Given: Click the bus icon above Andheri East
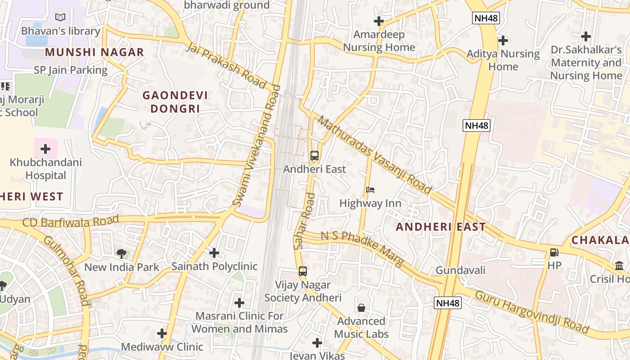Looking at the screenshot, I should [x=315, y=156].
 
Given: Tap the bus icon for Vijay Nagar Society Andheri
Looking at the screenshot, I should [x=303, y=271].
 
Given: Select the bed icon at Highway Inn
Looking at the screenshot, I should [x=370, y=190].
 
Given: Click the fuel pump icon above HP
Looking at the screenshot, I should [x=554, y=252].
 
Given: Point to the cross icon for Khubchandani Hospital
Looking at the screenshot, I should [x=45, y=148].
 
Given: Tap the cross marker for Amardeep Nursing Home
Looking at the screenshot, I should [x=379, y=21].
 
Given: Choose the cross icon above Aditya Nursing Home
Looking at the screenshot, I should [x=503, y=40].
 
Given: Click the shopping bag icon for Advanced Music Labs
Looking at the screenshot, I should [x=361, y=308].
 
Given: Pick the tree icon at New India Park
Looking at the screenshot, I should [x=121, y=254].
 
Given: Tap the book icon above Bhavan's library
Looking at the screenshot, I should [x=60, y=18].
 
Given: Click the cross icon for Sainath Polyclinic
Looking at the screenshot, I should [x=214, y=253].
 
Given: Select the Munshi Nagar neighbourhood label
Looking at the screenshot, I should [x=94, y=52].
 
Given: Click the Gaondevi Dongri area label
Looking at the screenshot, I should [x=175, y=102].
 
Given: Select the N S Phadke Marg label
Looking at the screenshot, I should [x=362, y=248].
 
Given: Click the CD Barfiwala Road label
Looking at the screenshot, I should [x=70, y=221].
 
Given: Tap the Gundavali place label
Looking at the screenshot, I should [x=460, y=270].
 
